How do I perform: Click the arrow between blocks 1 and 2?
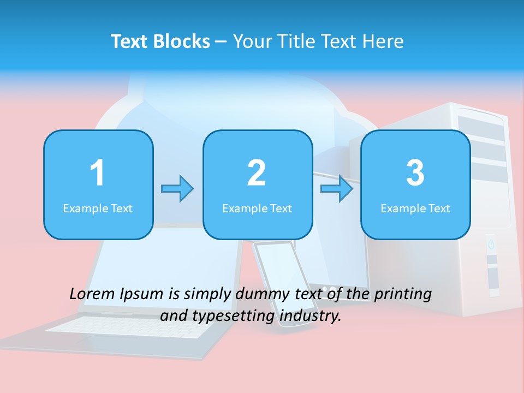(177, 189)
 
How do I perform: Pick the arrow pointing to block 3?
(337, 189)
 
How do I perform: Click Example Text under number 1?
(98, 208)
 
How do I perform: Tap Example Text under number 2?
(257, 208)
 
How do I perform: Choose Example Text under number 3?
(415, 208)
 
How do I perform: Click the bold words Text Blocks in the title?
(160, 41)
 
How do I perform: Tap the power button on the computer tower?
(491, 244)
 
